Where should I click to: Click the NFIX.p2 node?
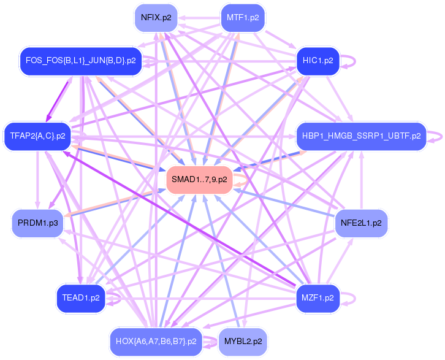(x=156, y=17)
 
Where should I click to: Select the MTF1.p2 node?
(x=242, y=17)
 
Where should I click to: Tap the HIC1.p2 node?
(x=318, y=60)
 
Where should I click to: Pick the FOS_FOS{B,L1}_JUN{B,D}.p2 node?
(x=81, y=61)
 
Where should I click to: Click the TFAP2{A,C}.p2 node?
(x=37, y=136)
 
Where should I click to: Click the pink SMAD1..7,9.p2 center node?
(x=199, y=180)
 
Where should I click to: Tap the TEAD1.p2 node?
(x=80, y=298)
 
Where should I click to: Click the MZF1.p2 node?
(x=318, y=298)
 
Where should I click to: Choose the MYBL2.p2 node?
(x=243, y=341)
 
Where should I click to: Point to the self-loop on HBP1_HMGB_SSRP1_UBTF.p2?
(x=439, y=136)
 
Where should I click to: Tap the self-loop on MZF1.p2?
(x=352, y=298)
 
